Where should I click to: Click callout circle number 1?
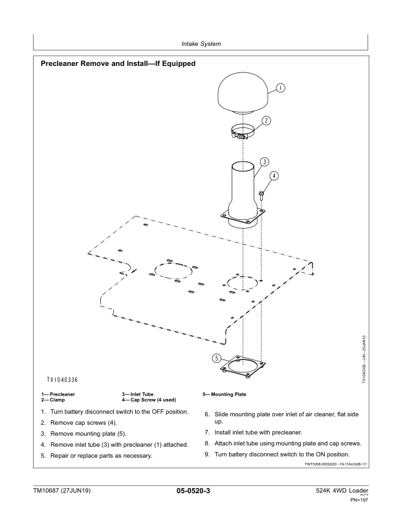[281, 88]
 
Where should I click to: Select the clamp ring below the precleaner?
[241, 132]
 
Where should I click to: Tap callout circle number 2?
[266, 121]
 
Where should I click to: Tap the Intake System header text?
[198, 44]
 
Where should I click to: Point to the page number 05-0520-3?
[197, 493]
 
